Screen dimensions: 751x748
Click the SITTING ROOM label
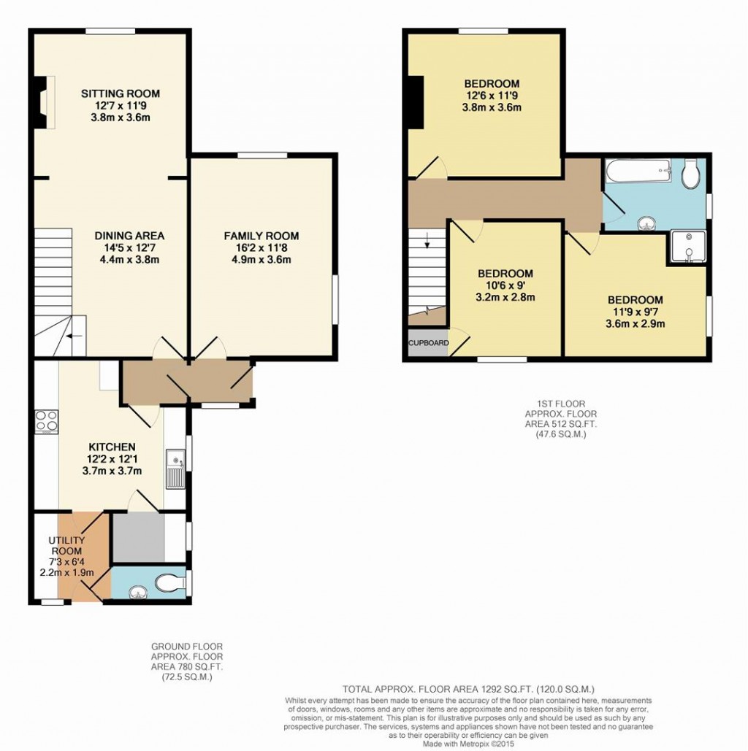pyautogui.click(x=121, y=93)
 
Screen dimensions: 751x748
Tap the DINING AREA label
pyautogui.click(x=129, y=236)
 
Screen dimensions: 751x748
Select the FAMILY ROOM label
pyautogui.click(x=261, y=236)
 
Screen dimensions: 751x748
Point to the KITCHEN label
pyautogui.click(x=112, y=447)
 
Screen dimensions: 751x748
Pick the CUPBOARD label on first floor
pyautogui.click(x=428, y=342)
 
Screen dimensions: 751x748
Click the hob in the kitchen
pyautogui.click(x=46, y=422)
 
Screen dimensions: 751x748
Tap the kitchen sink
pyautogui.click(x=175, y=469)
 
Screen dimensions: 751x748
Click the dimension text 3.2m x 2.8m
pyautogui.click(x=505, y=297)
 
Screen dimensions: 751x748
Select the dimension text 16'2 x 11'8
pyautogui.click(x=261, y=248)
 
